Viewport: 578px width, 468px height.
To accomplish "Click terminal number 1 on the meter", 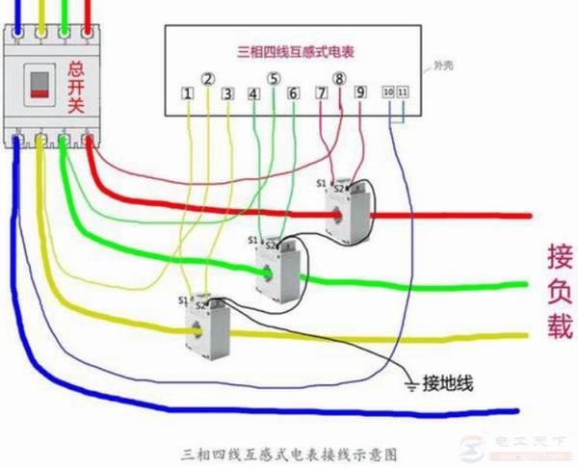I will [187, 94].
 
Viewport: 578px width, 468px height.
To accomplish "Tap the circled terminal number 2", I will [208, 78].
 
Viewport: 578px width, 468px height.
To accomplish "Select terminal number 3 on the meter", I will [228, 94].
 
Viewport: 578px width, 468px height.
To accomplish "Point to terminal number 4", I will [253, 94].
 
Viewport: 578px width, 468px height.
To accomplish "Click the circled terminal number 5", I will [274, 78].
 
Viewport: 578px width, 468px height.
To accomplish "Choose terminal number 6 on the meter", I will [294, 94].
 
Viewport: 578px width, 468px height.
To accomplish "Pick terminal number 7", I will [321, 94].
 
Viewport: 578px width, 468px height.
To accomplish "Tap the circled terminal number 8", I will [339, 78].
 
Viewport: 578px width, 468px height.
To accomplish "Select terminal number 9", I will [359, 93].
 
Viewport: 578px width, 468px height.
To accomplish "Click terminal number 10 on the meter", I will [387, 91].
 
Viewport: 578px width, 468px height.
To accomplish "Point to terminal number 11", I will [402, 91].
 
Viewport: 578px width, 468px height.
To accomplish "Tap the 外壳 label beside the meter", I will [444, 66].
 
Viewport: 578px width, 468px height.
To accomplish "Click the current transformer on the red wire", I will [347, 210].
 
